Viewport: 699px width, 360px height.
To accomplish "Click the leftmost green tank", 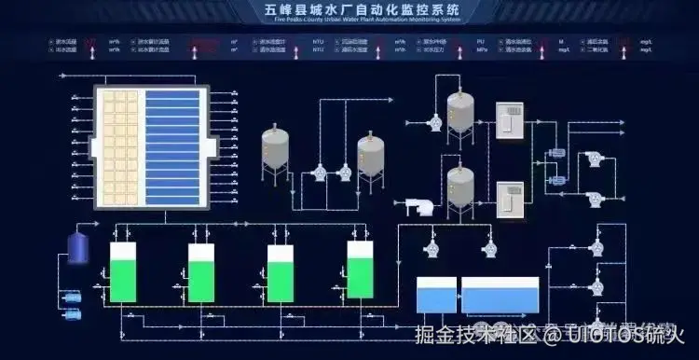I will [123, 272].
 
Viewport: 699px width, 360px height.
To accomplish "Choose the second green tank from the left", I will [201, 272].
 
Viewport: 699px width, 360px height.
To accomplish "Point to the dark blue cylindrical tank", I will [78, 246].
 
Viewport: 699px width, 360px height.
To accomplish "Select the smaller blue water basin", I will [435, 296].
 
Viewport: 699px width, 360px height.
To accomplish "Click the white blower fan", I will [417, 206].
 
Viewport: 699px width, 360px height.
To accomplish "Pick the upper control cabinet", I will [509, 122].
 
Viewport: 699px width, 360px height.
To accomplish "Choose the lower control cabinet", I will [509, 199].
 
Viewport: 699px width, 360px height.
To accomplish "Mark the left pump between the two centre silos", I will [319, 173].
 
